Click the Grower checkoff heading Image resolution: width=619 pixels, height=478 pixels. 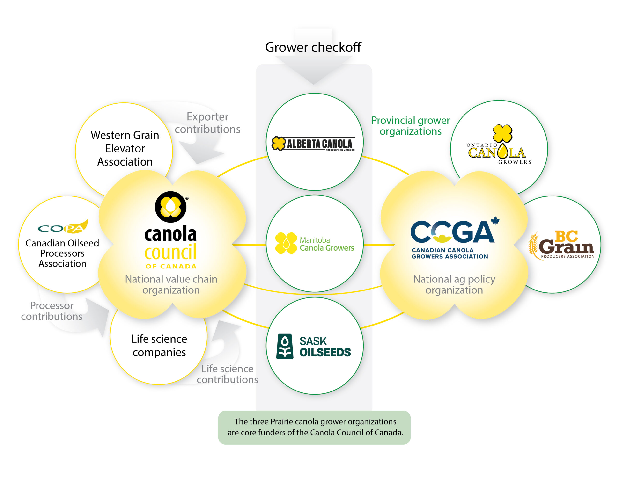coord(313,47)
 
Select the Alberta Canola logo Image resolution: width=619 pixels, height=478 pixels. coord(313,144)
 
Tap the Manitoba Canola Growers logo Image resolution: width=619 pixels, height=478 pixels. coord(314,243)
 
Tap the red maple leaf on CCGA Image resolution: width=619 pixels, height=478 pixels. coord(495,220)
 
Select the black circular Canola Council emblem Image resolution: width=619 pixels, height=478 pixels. coord(171,207)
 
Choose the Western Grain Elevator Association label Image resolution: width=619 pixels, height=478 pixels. coord(125,148)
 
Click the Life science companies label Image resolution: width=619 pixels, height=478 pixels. coord(159,345)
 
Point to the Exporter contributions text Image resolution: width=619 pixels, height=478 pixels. coord(207,123)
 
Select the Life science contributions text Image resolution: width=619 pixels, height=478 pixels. coord(227,374)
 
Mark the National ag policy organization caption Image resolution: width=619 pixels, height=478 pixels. coord(454,284)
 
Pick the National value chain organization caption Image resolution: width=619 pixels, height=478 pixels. coord(171,284)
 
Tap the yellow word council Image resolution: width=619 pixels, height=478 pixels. coord(170,252)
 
